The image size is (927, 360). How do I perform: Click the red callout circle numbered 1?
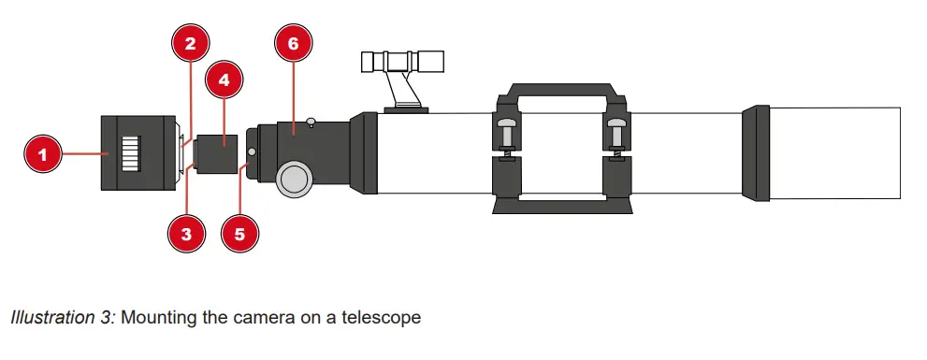(42, 152)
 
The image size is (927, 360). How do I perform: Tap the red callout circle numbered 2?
(190, 43)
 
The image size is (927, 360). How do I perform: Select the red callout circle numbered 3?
(186, 233)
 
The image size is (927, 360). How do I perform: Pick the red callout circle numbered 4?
(224, 80)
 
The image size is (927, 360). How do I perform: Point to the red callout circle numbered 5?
(239, 233)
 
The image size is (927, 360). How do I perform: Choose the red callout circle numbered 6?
(293, 43)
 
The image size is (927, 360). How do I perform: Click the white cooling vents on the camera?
(132, 153)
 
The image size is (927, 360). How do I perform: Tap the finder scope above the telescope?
(404, 64)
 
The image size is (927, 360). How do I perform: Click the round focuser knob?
(295, 178)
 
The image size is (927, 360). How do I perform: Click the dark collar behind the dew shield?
(755, 153)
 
